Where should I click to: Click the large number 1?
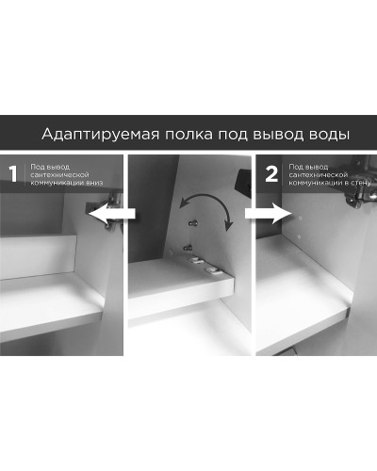click(x=13, y=174)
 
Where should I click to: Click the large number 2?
click(x=271, y=173)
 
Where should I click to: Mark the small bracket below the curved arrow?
click(x=193, y=223)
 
